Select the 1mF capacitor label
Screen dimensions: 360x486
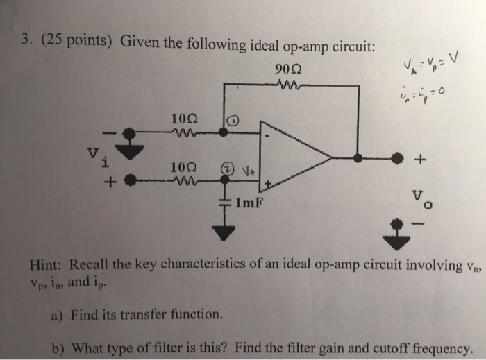tap(249, 204)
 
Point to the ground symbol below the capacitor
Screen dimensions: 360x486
tap(224, 232)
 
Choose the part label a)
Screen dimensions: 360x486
tap(58, 314)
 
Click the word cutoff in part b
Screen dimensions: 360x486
tap(360, 348)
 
